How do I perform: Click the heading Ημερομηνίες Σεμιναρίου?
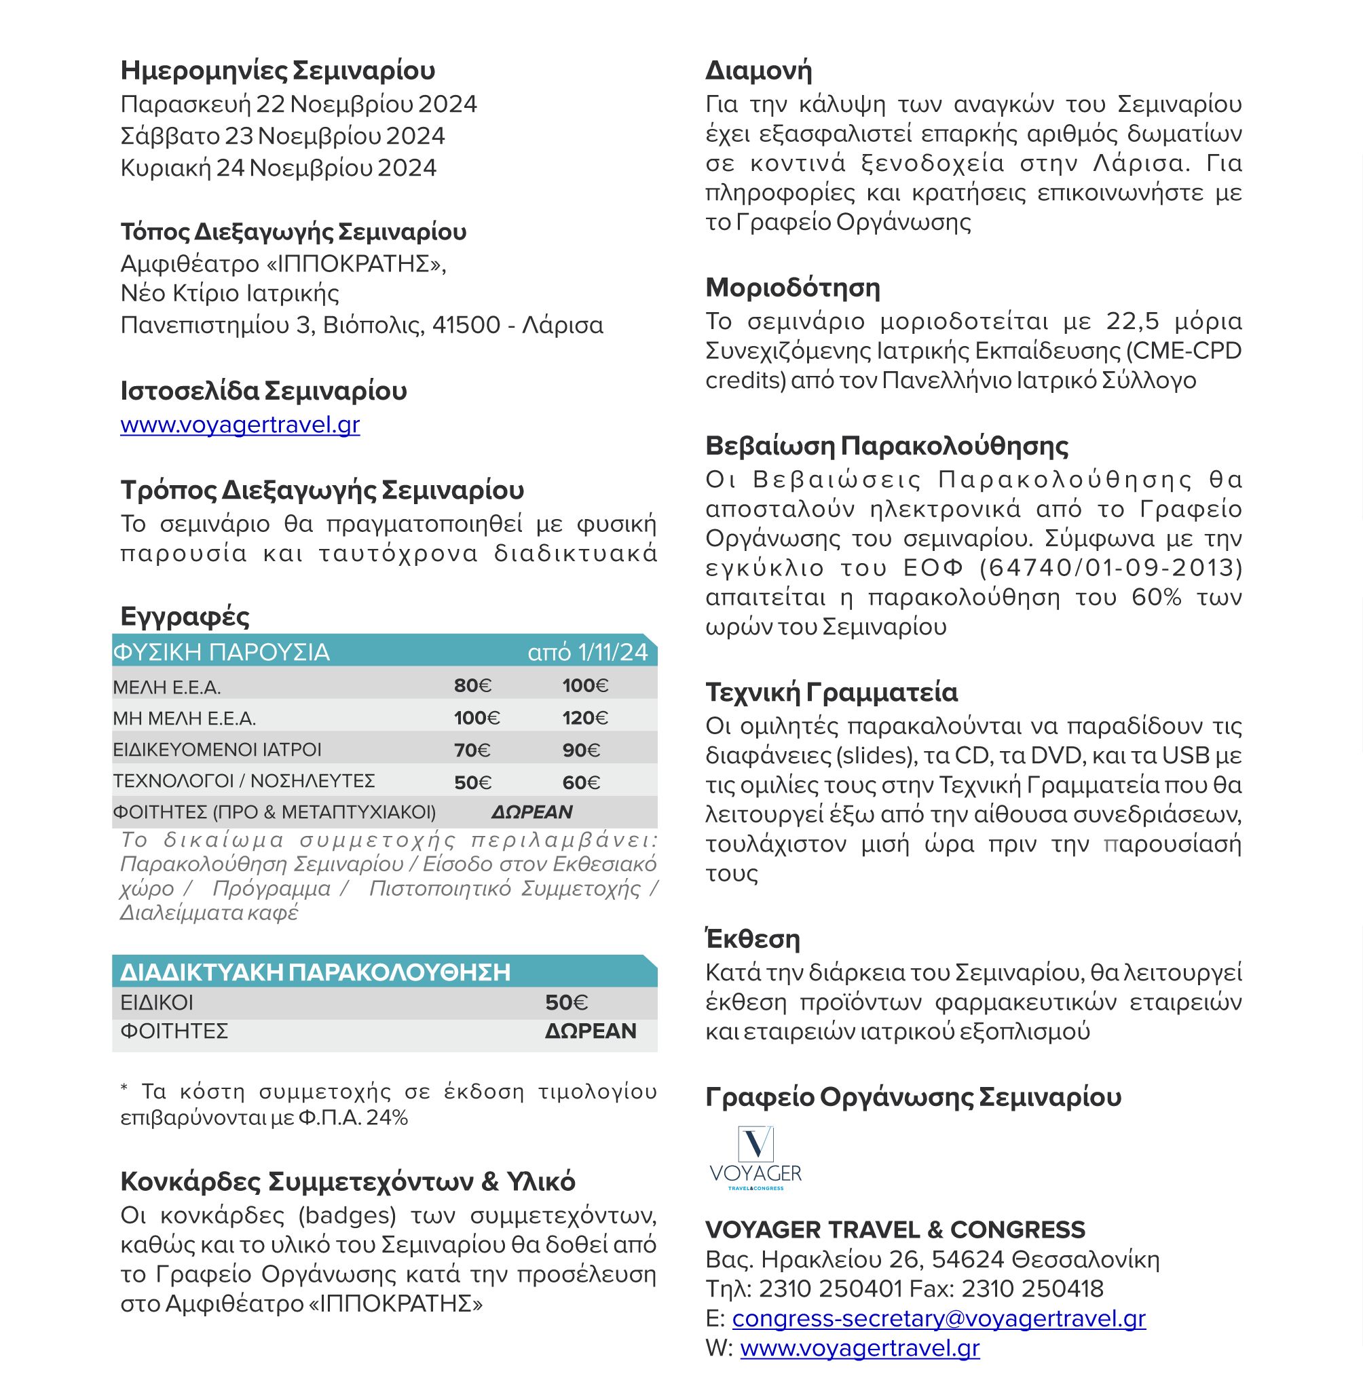pos(278,71)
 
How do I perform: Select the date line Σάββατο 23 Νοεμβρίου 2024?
pos(282,136)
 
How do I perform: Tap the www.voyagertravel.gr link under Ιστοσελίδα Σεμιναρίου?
pos(240,425)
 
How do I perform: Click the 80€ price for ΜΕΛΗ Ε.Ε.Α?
pos(472,685)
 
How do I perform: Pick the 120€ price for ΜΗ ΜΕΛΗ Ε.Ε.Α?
pos(584,718)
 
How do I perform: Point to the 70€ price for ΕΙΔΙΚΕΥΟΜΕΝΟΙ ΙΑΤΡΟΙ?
pos(472,750)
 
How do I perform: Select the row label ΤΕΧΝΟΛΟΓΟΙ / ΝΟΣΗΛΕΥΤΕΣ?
pos(243,781)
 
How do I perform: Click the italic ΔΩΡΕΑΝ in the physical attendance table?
pos(531,812)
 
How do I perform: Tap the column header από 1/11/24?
pos(588,652)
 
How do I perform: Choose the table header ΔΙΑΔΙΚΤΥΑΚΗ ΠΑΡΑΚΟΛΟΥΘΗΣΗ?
pos(315,972)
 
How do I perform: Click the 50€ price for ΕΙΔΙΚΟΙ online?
pos(566,1003)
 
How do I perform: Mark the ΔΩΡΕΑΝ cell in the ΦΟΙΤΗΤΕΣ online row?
pos(591,1031)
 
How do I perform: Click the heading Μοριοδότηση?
pos(792,287)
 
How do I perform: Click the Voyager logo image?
pos(755,1158)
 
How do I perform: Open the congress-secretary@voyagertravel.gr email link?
pos(938,1318)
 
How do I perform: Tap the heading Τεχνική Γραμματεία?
pos(831,692)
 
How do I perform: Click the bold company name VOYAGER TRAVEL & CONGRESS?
pos(895,1229)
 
